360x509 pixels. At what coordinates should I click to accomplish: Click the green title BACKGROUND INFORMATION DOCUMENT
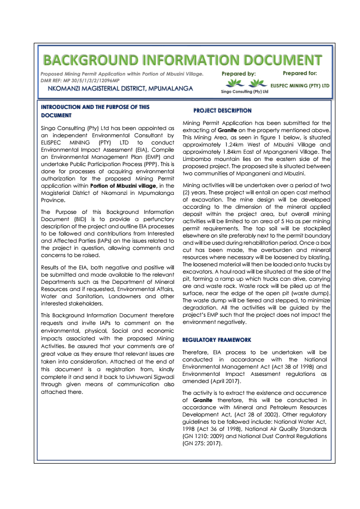[183, 60]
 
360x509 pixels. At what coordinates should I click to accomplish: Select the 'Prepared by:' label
[239, 74]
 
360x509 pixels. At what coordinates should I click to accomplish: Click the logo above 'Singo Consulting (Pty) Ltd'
[236, 84]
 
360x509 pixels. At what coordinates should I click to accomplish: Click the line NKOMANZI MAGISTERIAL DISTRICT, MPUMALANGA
[120, 88]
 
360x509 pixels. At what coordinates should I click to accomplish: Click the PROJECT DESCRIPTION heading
[222, 111]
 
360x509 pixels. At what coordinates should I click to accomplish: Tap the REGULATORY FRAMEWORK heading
[217, 340]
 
